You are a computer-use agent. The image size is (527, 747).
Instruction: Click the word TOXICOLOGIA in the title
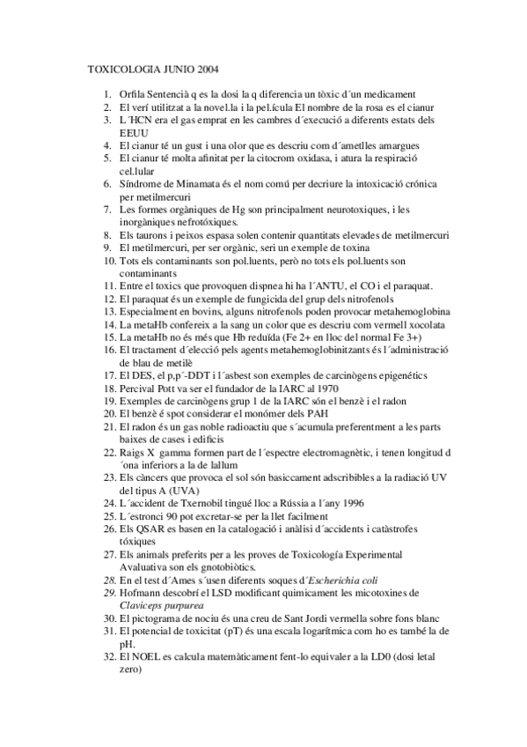pos(121,68)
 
